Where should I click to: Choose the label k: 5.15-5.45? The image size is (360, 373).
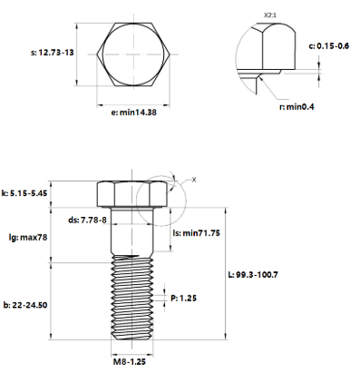[25, 193]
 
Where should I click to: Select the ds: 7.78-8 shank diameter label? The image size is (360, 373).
[87, 219]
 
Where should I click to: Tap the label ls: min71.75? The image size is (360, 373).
[196, 232]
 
